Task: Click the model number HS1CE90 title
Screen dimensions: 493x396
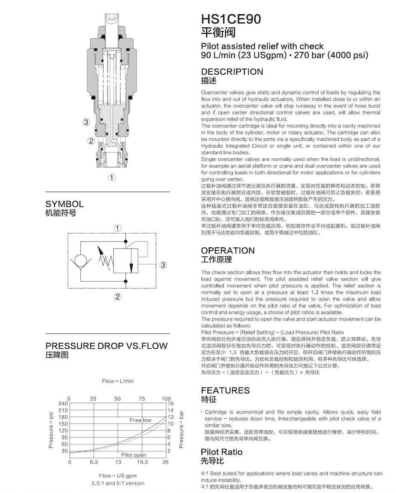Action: click(x=231, y=19)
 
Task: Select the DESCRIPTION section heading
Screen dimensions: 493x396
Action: click(x=232, y=72)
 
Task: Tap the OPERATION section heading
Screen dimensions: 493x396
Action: click(x=228, y=250)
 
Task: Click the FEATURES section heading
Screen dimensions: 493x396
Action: click(x=225, y=390)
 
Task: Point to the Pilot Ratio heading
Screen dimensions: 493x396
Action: click(x=222, y=452)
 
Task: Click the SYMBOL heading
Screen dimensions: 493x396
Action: click(x=64, y=204)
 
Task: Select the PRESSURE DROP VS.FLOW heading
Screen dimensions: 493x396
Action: click(x=107, y=346)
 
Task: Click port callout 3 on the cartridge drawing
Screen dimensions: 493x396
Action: click(x=86, y=122)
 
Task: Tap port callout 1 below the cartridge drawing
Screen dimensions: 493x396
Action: click(x=112, y=177)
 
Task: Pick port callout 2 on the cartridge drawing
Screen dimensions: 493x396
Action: click(x=91, y=140)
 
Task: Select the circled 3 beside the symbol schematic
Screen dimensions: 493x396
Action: click(x=163, y=265)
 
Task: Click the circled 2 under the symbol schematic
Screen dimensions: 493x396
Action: click(x=117, y=296)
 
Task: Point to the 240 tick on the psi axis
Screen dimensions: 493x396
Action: click(x=63, y=404)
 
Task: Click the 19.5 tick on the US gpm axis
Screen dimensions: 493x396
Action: click(x=142, y=462)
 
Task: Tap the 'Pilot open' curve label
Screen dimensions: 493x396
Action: click(x=134, y=455)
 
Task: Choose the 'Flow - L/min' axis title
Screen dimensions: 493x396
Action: click(x=118, y=381)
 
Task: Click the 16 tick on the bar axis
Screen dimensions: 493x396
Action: click(x=170, y=404)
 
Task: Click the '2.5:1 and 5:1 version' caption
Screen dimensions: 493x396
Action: click(x=118, y=483)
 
